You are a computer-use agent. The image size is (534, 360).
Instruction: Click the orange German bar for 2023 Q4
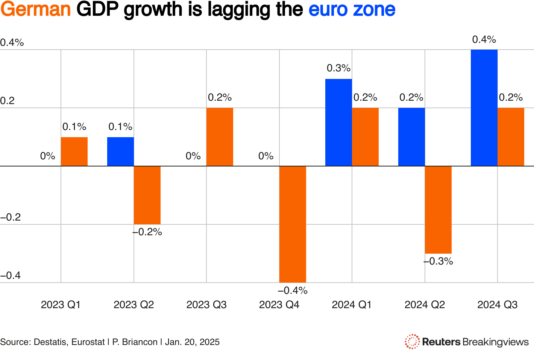(x=293, y=224)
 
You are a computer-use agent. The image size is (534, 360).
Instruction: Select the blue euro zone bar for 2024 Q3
(x=484, y=108)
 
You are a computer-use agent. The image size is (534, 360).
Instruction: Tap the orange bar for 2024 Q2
(x=438, y=210)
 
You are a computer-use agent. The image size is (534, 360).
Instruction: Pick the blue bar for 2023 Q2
(x=120, y=152)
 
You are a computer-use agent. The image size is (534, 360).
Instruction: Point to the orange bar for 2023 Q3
(x=220, y=137)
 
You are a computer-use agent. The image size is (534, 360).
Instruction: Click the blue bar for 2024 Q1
(x=338, y=123)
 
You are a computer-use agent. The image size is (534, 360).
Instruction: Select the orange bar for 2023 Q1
(x=74, y=152)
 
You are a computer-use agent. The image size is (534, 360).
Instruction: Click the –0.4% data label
(x=293, y=290)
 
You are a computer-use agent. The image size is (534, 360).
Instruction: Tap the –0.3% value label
(x=438, y=261)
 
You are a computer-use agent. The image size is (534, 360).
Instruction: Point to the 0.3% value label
(x=338, y=68)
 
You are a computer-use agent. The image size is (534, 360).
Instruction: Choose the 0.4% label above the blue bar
(x=484, y=39)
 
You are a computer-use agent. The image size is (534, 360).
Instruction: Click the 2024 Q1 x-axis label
(x=352, y=305)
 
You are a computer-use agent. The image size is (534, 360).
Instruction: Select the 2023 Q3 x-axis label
(x=206, y=305)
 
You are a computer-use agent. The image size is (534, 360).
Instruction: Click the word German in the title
(x=36, y=10)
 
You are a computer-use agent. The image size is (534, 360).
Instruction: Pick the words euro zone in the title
(x=352, y=10)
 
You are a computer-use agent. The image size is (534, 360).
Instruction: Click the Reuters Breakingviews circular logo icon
(x=412, y=342)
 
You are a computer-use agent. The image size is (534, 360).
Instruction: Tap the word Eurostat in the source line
(x=88, y=342)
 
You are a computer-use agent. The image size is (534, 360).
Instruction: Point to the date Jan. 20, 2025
(x=192, y=342)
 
